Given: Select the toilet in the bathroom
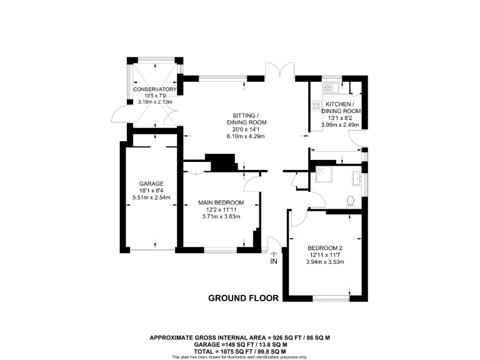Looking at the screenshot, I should [351, 201].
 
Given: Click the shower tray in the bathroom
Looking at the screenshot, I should [324, 178].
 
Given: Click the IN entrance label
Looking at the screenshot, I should [273, 261].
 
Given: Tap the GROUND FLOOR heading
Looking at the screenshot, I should [243, 298].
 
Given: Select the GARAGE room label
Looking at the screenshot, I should [151, 184].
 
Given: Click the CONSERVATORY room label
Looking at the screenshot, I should [156, 90].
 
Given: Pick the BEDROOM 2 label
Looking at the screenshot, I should [324, 247].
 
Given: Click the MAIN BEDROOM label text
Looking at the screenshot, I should [221, 202].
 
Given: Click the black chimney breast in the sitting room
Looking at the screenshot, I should [222, 162].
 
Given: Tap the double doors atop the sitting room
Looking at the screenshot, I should [279, 70].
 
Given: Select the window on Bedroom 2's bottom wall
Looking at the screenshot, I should [331, 297].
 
